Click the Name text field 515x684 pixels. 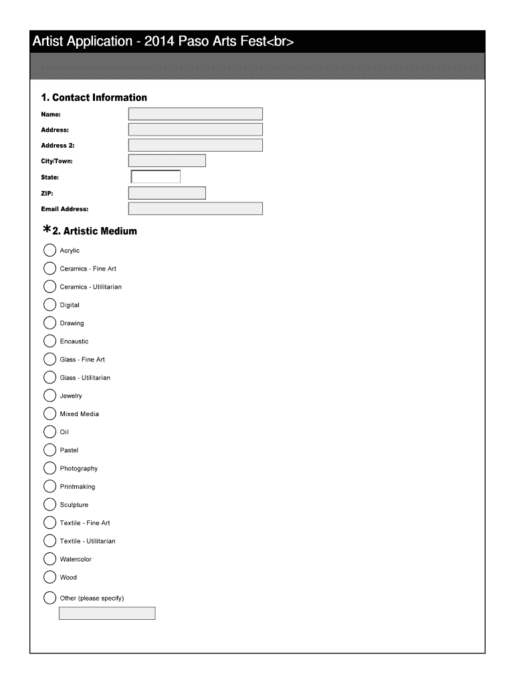(x=195, y=114)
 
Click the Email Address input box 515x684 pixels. (x=195, y=209)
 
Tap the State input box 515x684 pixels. (x=156, y=177)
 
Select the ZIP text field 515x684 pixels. (x=167, y=193)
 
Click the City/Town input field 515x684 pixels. (x=167, y=161)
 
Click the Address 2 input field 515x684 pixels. (x=195, y=145)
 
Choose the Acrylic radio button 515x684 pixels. (x=50, y=250)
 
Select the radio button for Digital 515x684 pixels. (x=50, y=305)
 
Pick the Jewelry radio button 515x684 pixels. (x=50, y=395)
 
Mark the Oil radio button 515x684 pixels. (x=50, y=432)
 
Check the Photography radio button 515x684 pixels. (x=50, y=468)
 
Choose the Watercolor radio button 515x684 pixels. (x=50, y=559)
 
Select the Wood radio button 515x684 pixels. (x=50, y=577)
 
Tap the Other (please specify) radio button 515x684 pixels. (x=50, y=598)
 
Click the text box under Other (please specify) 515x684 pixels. (x=107, y=613)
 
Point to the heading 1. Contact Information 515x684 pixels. (x=94, y=98)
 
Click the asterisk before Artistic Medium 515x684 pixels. (x=46, y=230)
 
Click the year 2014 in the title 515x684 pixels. (x=157, y=42)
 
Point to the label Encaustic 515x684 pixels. (x=74, y=341)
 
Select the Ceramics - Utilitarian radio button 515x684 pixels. (x=50, y=287)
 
